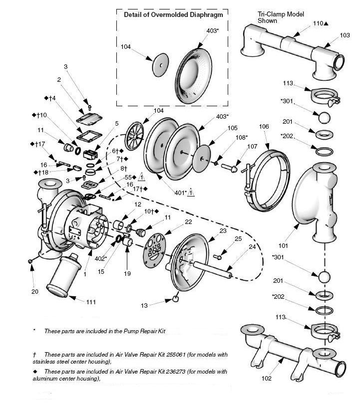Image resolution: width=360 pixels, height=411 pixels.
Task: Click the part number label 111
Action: pyautogui.click(x=90, y=302)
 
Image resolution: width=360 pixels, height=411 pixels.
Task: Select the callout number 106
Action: pyautogui.click(x=264, y=127)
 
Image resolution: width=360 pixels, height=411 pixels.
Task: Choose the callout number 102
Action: pyautogui.click(x=267, y=379)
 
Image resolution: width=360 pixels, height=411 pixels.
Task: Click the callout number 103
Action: pyautogui.click(x=345, y=35)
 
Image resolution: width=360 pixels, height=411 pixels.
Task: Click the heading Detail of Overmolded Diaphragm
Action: pyautogui.click(x=173, y=15)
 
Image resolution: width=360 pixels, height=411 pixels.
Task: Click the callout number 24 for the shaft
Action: pyautogui.click(x=252, y=246)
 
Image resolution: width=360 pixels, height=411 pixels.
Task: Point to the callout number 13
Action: pyautogui.click(x=144, y=305)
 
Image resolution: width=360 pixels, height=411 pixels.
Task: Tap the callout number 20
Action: pyautogui.click(x=34, y=292)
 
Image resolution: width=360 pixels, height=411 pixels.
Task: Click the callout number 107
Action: pyautogui.click(x=252, y=147)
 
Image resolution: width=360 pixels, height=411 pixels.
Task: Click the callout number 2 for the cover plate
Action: pyautogui.click(x=59, y=79)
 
